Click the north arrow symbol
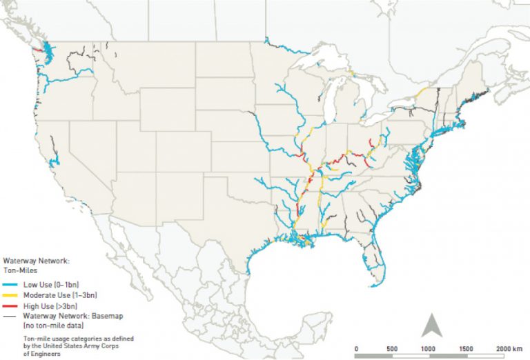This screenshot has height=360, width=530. pos(432,323)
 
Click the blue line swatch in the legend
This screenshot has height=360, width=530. pos(11,285)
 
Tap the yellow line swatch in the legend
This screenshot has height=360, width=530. pos(11,294)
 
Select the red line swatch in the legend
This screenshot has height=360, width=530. pos(11,305)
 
